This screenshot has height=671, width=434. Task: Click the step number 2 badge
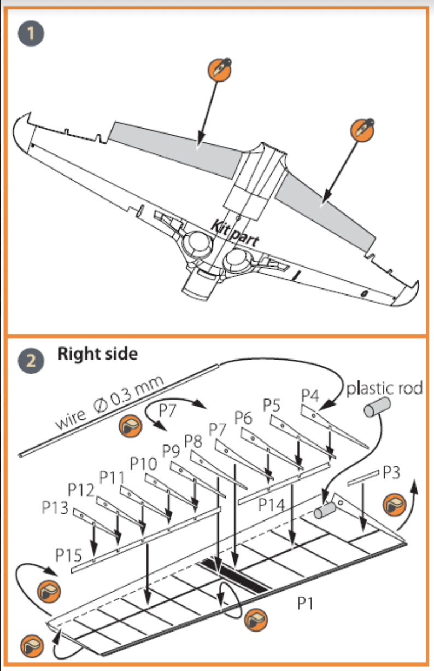(x=32, y=360)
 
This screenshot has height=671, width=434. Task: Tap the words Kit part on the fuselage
(x=234, y=231)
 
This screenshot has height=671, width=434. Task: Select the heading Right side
(x=98, y=354)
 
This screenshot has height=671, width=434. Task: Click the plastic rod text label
(x=385, y=389)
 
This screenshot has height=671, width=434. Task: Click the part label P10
(x=144, y=464)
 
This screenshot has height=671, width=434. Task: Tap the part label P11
(x=113, y=477)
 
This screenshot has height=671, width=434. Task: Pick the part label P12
(x=81, y=489)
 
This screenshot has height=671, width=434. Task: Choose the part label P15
(x=69, y=555)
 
